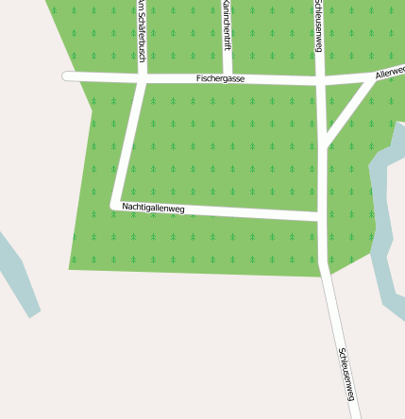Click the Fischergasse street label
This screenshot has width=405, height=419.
click(220, 78)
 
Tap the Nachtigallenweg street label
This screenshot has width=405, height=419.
click(153, 207)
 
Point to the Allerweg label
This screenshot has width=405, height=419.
click(390, 73)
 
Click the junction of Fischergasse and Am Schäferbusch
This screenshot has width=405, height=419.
click(142, 78)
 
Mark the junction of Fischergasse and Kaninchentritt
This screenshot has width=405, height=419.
click(228, 80)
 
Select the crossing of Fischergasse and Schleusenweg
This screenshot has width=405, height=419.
click(320, 83)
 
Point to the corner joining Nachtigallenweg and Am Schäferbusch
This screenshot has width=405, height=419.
click(116, 204)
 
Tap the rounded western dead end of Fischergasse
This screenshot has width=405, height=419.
click(68, 76)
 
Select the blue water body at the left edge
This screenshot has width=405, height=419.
click(19, 274)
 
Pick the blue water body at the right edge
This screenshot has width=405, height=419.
click(386, 226)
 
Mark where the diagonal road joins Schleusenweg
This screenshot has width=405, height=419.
click(323, 144)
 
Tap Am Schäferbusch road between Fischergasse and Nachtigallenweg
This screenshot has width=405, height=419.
click(129, 142)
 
